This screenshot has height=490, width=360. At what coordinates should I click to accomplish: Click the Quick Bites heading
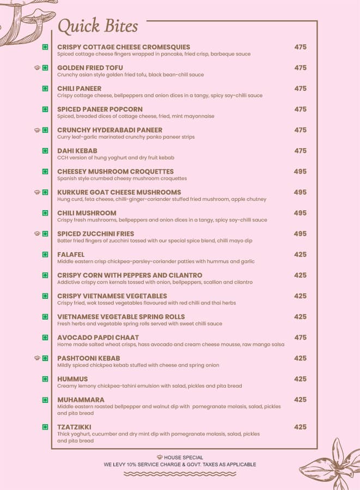click(97, 26)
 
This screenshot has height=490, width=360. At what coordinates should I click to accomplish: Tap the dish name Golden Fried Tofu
click(90, 68)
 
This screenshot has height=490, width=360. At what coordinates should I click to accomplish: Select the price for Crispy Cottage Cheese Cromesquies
click(300, 47)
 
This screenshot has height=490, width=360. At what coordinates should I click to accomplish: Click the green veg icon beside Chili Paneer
click(45, 89)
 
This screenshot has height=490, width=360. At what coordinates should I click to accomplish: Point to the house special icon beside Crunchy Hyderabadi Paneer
click(37, 131)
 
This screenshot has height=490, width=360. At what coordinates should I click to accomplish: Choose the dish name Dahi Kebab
click(77, 151)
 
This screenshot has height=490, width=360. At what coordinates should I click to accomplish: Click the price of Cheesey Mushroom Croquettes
click(300, 171)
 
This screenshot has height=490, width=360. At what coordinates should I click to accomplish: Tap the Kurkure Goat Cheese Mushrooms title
click(119, 192)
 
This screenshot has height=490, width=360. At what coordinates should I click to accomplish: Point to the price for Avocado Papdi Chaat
click(300, 338)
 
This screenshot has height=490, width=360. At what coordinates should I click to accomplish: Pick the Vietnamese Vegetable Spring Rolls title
click(121, 317)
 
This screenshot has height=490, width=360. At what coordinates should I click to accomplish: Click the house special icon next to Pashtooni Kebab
click(37, 358)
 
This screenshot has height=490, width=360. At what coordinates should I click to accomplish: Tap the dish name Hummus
click(72, 379)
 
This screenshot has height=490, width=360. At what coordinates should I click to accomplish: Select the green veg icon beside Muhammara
click(45, 400)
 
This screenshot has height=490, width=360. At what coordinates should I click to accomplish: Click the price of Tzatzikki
click(300, 427)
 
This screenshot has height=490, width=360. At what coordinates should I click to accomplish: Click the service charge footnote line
click(180, 465)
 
